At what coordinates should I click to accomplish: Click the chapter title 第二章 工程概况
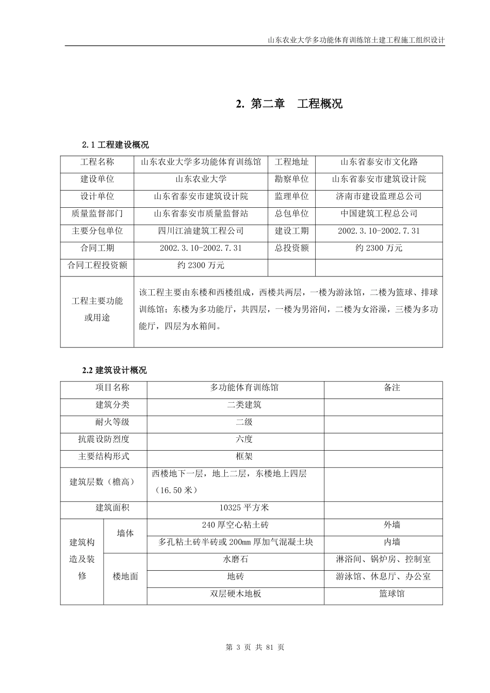pyautogui.click(x=289, y=104)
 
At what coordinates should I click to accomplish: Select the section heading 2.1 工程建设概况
pyautogui.click(x=116, y=144)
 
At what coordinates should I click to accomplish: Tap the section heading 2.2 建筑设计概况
pyautogui.click(x=115, y=370)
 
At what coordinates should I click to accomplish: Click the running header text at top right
pyautogui.click(x=356, y=40)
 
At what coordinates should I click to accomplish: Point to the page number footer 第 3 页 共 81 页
pyautogui.click(x=255, y=647)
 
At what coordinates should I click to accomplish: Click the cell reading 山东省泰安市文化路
pyautogui.click(x=379, y=162)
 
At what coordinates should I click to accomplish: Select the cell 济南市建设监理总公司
pyautogui.click(x=379, y=196)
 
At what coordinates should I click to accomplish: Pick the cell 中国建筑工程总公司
pyautogui.click(x=379, y=213)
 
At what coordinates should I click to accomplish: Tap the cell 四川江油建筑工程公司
pyautogui.click(x=201, y=231)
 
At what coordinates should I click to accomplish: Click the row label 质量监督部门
pyautogui.click(x=97, y=213)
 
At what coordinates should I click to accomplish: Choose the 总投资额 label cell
pyautogui.click(x=291, y=248)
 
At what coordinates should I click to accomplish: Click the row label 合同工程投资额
pyautogui.click(x=97, y=266)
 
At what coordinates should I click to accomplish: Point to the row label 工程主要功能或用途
pyautogui.click(x=97, y=309)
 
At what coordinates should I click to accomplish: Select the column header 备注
pyautogui.click(x=392, y=387)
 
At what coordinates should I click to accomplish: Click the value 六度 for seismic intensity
pyautogui.click(x=244, y=439)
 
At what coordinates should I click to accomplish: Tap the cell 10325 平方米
pyautogui.click(x=244, y=508)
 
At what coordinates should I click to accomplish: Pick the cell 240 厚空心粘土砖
pyautogui.click(x=235, y=525)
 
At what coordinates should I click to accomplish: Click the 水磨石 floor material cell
pyautogui.click(x=235, y=559)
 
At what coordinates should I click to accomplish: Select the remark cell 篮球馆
pyautogui.click(x=392, y=594)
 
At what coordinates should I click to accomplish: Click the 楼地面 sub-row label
pyautogui.click(x=125, y=576)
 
